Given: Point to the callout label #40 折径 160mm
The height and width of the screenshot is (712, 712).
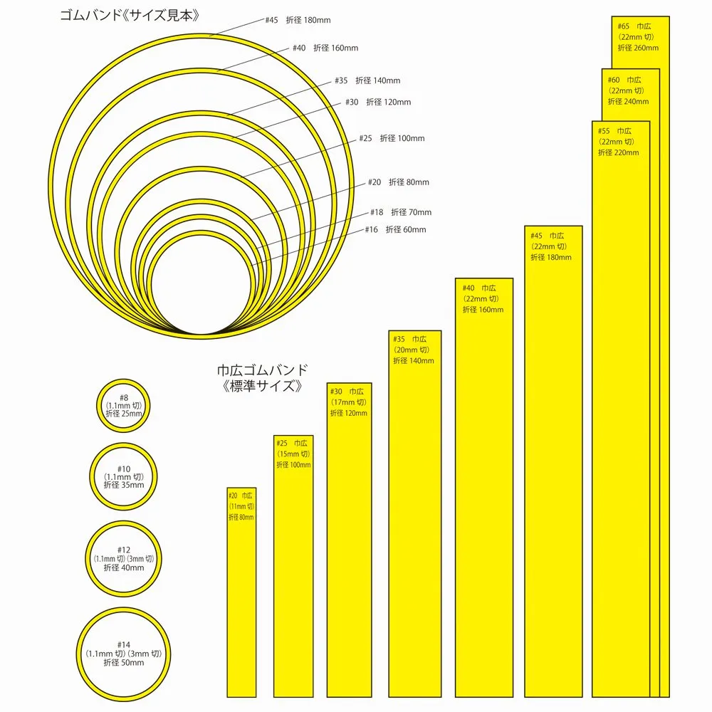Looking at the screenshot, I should click(325, 48).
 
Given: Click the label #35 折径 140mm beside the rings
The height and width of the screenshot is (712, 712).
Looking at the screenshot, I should click(367, 80).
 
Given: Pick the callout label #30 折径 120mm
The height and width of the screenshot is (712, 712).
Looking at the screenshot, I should click(378, 102).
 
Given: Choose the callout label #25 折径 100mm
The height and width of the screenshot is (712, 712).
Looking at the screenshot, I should click(392, 138).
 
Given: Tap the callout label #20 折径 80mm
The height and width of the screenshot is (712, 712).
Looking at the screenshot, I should click(399, 182).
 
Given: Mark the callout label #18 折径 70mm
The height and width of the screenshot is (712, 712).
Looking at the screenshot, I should click(401, 212).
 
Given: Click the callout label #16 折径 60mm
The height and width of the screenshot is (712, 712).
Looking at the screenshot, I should click(396, 229).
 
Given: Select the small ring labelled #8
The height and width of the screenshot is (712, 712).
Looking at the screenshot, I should click(124, 405).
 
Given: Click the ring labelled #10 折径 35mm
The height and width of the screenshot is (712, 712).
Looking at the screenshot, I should click(124, 476).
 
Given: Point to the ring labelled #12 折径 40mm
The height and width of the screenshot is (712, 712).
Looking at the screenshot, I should click(124, 559).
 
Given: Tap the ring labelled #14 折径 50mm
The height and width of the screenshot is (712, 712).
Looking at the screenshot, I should click(124, 653).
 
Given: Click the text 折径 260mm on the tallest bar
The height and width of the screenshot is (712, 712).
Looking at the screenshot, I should click(638, 48).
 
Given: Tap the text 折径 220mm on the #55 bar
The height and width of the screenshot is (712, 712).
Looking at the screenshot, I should click(618, 152).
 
